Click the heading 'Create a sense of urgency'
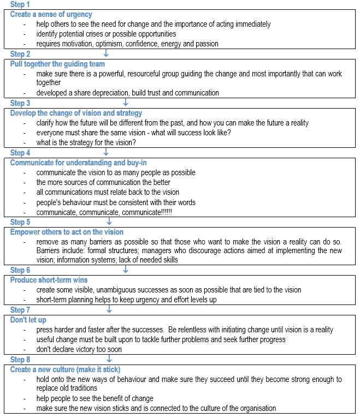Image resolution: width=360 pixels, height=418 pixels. (51, 14)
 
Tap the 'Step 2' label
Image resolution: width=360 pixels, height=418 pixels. (20, 54)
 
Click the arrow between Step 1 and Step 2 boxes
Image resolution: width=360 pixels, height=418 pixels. (106, 53)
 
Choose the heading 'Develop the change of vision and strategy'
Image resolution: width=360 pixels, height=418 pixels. (76, 113)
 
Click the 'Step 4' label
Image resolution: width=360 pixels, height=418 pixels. (20, 153)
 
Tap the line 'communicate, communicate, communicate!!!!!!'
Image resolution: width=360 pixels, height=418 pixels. (104, 212)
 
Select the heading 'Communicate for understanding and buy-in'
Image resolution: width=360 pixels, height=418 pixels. (79, 163)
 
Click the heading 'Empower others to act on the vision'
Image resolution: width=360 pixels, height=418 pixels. (67, 231)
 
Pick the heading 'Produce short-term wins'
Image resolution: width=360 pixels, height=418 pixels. (49, 280)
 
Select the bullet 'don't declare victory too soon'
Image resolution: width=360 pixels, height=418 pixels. (79, 349)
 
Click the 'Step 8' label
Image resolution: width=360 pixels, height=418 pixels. (20, 360)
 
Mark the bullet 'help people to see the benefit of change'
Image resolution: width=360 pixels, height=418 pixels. (95, 398)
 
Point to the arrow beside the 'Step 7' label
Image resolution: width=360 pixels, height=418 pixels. (109, 310)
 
